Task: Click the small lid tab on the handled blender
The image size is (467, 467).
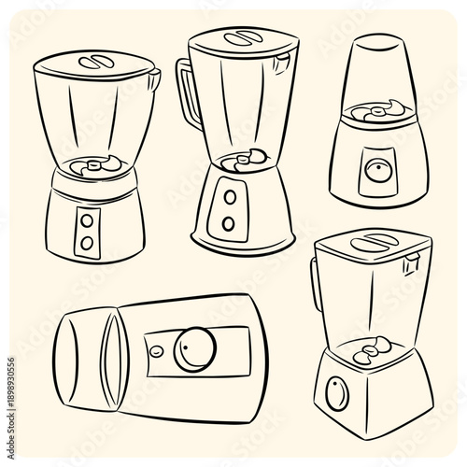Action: coord(279,63)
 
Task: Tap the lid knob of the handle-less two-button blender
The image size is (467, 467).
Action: coord(94,61)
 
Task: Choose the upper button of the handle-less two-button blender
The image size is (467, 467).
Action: coord(88,220)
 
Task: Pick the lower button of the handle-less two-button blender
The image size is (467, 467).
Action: coord(87,242)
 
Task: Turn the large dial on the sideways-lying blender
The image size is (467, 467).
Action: coord(197,347)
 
